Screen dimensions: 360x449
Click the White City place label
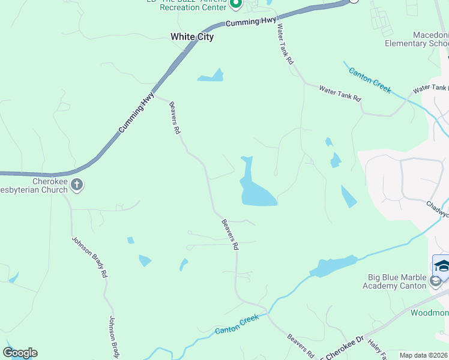pos(192,37)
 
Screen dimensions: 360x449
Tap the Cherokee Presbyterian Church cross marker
pos(77,185)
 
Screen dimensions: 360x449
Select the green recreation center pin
pos(236,4)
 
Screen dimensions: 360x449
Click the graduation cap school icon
pos(442,266)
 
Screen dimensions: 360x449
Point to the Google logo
pos(20,353)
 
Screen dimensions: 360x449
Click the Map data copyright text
pos(424,355)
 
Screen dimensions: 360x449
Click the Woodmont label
pos(430,313)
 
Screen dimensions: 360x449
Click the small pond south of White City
pos(211,76)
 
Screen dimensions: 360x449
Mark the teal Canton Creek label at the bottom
pos(237,323)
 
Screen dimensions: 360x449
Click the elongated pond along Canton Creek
pos(334,266)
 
